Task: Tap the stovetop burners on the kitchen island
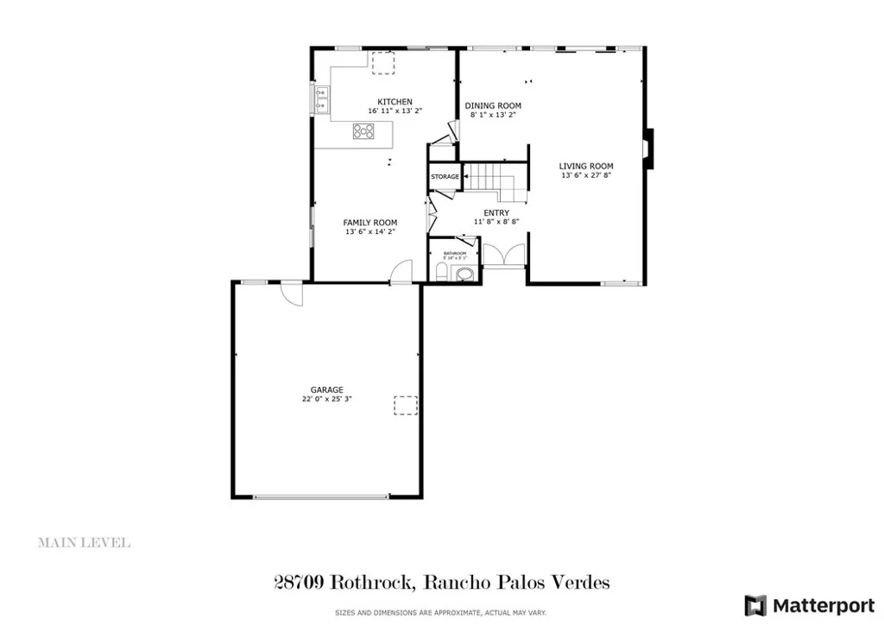tap(364, 132)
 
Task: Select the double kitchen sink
tap(321, 101)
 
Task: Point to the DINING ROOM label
tap(495, 106)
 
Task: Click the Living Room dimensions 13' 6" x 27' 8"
tap(585, 175)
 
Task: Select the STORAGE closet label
tap(445, 177)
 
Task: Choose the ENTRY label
tap(496, 212)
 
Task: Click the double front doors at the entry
tap(503, 256)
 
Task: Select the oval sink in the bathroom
tap(464, 275)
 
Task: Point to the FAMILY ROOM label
tap(370, 223)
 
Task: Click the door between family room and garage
tap(400, 275)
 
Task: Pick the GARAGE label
tap(327, 389)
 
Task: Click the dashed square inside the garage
tap(406, 406)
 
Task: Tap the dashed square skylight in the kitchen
tap(382, 60)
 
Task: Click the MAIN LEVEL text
tap(84, 543)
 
